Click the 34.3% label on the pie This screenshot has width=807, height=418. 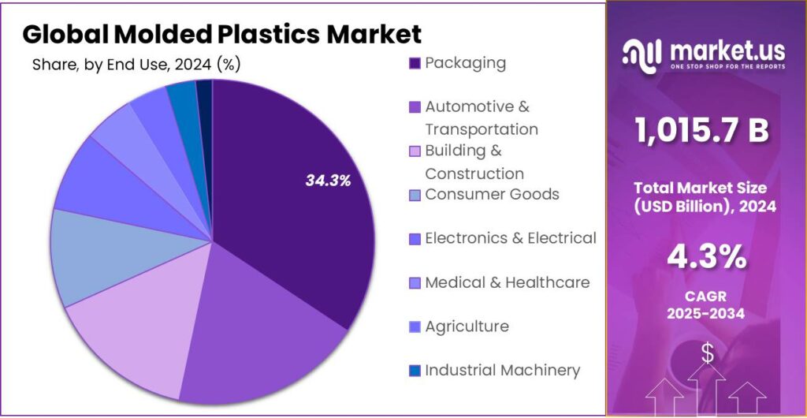[328, 181]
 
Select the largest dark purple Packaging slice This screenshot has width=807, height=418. [292, 229]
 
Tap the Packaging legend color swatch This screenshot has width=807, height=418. [415, 63]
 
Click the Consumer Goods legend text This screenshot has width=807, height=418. [492, 194]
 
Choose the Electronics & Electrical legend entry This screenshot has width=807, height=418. [510, 237]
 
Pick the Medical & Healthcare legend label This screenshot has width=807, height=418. [507, 282]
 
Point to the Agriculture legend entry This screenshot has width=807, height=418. [467, 326]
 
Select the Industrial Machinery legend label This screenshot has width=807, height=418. [502, 370]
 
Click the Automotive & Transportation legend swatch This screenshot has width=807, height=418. [415, 106]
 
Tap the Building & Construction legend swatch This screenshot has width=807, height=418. [415, 151]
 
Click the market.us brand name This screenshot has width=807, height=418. [727, 51]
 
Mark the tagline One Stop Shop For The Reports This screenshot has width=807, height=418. [727, 67]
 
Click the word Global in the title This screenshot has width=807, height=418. [65, 34]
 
